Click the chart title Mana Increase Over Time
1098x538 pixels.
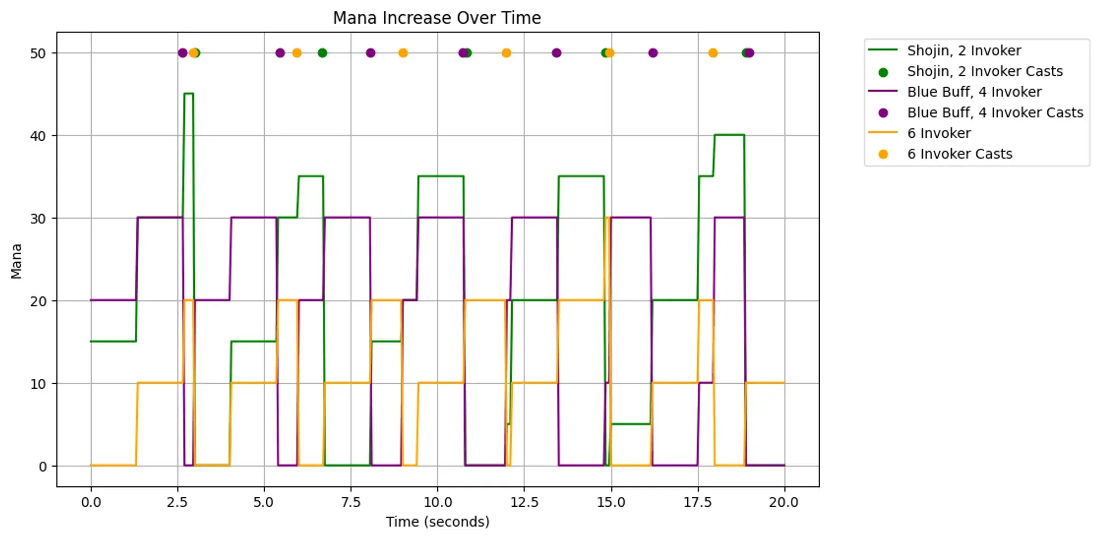point(437,18)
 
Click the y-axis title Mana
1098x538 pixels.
point(16,261)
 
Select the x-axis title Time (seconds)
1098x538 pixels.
point(437,522)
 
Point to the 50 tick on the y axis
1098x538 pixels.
point(38,53)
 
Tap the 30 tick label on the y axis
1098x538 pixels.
point(38,218)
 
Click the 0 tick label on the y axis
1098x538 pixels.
point(43,467)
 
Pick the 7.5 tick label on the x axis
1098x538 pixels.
point(351,502)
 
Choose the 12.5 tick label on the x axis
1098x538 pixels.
point(524,502)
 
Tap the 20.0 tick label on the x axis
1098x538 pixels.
point(784,502)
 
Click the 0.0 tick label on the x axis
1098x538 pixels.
point(91,502)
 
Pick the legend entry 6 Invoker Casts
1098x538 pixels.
point(959,154)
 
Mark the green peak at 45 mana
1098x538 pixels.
point(188,94)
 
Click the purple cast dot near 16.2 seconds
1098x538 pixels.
point(653,53)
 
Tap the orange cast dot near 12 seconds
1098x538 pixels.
point(506,53)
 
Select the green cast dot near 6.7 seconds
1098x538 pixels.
point(322,53)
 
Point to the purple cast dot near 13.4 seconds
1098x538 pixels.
point(556,53)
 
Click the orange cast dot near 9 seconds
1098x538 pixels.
point(403,53)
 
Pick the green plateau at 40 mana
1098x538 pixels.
point(729,135)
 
